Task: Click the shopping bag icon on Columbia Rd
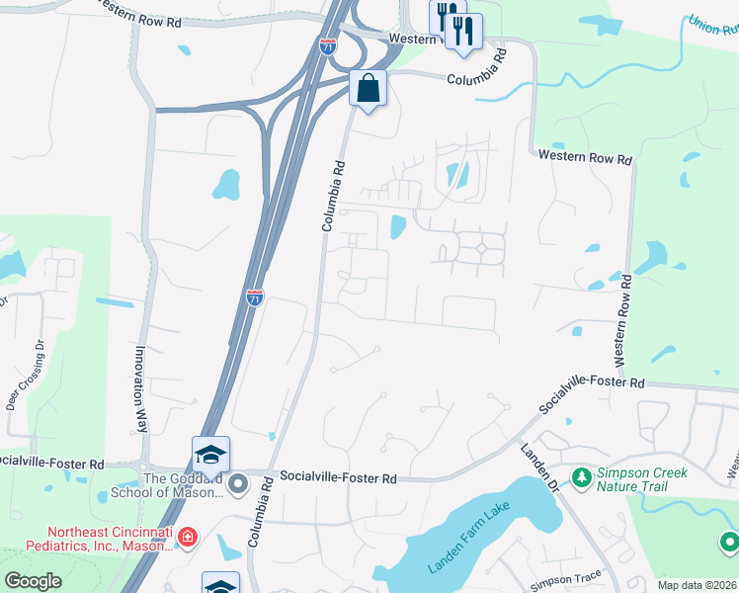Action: (368, 88)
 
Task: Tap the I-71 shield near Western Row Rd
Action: (328, 45)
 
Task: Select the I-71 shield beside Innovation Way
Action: (255, 296)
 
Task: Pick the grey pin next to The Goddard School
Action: (237, 484)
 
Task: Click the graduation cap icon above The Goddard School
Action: (210, 455)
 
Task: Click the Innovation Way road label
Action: (140, 388)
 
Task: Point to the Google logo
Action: (34, 581)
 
